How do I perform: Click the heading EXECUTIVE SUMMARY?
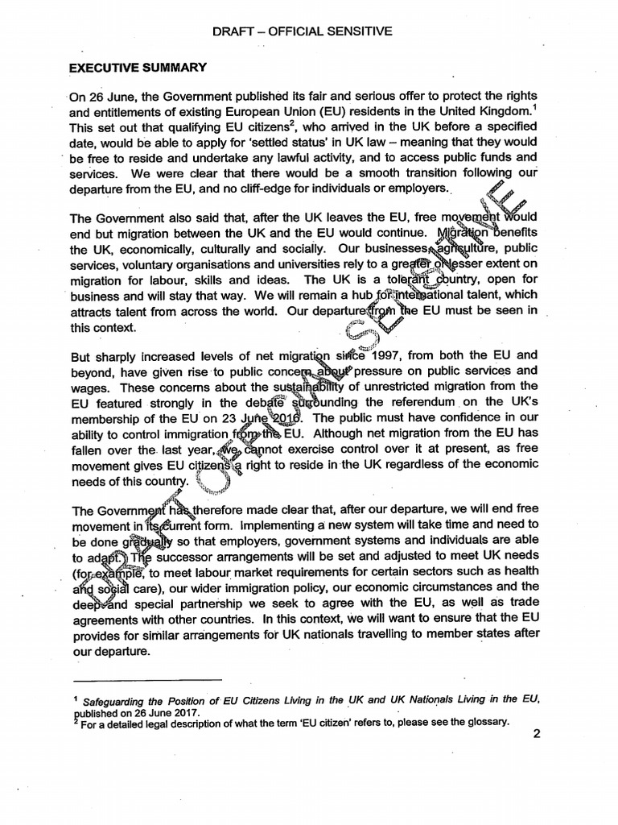pyautogui.click(x=138, y=68)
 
